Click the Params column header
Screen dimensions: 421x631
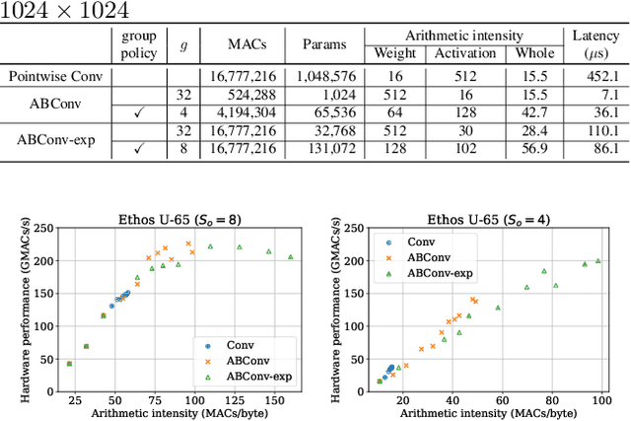coord(323,44)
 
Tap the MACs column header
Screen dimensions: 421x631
coord(245,44)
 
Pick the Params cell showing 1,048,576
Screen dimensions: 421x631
coord(323,76)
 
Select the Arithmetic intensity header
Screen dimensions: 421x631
coord(463,36)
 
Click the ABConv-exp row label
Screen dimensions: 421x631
coord(55,140)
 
